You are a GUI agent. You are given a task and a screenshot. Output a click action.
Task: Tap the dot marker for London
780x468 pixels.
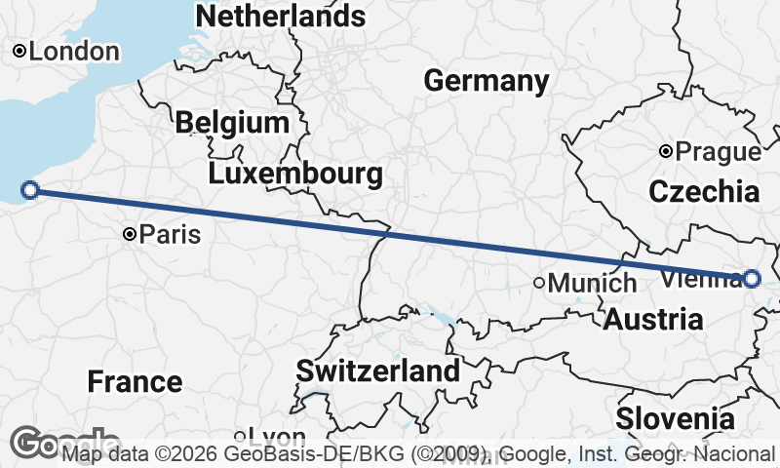tap(19, 51)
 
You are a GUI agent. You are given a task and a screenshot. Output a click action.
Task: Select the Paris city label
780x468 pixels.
tap(170, 235)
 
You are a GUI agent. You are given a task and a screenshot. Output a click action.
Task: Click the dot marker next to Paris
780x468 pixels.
tap(130, 234)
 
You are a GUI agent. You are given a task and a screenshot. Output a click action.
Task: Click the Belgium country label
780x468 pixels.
tap(232, 123)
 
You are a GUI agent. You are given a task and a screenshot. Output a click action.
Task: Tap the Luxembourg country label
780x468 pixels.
tap(294, 175)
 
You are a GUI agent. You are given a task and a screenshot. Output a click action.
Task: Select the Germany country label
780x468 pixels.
tap(487, 81)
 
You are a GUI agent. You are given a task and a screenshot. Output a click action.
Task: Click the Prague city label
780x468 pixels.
tap(719, 152)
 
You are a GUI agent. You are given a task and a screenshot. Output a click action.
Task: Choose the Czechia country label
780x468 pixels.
tap(703, 191)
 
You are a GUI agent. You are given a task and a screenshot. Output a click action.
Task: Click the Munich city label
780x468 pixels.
tap(592, 284)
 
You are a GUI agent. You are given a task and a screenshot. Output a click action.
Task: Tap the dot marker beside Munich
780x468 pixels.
tap(539, 283)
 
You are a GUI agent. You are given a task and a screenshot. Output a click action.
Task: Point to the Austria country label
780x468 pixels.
tap(653, 319)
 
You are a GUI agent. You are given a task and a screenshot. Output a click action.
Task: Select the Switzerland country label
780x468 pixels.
tap(377, 371)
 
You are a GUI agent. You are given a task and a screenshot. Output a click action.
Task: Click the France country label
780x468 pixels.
tap(135, 382)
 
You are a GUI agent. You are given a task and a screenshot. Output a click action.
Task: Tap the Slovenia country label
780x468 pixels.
tap(675, 420)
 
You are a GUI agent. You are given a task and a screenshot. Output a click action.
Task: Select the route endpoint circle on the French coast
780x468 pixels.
tap(30, 190)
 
